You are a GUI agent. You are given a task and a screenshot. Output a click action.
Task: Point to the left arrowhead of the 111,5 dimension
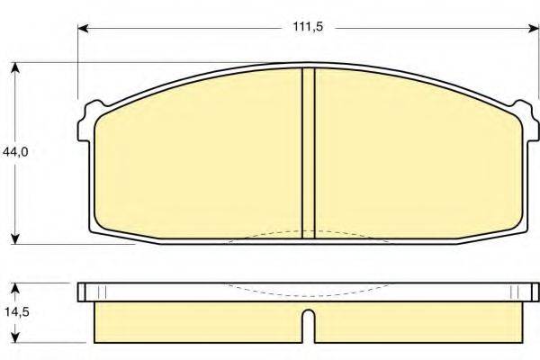(x=83, y=29)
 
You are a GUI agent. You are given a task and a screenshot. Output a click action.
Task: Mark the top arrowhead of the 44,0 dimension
(x=15, y=67)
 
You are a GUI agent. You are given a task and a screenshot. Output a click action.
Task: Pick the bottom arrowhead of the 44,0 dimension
(x=15, y=239)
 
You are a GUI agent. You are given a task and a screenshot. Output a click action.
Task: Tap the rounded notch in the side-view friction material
(x=308, y=320)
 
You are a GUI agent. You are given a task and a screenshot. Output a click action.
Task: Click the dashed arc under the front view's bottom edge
(x=308, y=234)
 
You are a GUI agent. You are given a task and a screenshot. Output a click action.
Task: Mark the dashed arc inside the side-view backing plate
(x=308, y=292)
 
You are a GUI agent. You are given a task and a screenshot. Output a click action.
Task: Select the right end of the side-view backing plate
(x=529, y=292)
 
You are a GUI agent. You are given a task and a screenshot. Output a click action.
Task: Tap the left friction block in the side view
(x=198, y=321)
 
